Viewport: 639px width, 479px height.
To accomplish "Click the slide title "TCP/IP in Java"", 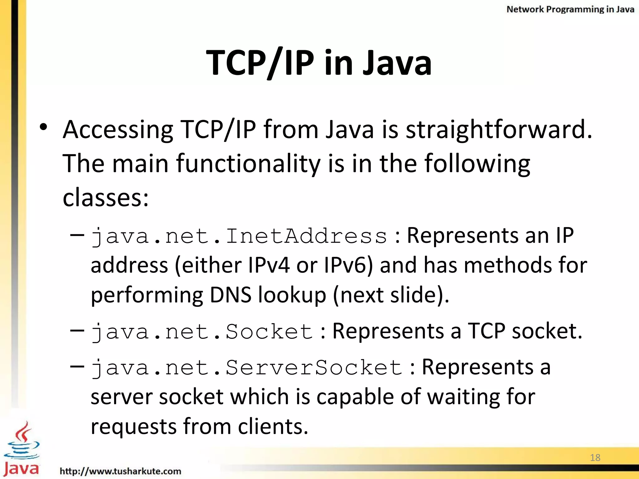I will (x=319, y=63).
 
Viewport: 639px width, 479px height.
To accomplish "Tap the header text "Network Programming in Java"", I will (x=570, y=9).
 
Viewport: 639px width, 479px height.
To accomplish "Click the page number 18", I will (x=595, y=457).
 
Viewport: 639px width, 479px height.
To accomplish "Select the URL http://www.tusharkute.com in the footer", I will (x=120, y=471).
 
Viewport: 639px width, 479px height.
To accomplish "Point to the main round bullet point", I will (x=43, y=127).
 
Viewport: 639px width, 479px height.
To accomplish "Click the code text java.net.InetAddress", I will (x=239, y=236).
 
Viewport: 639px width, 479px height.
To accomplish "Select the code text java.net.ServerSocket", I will (x=246, y=368).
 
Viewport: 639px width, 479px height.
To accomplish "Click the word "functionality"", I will (x=248, y=163).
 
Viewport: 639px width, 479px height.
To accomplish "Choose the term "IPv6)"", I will (x=348, y=265).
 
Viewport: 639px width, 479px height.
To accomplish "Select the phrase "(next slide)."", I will (x=391, y=295).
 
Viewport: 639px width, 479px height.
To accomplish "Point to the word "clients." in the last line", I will (x=273, y=426).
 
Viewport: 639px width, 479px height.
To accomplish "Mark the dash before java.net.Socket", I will (x=77, y=330).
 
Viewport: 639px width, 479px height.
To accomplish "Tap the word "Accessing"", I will (x=118, y=129).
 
